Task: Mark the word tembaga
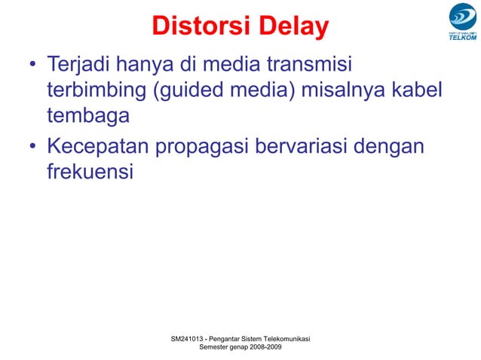(88, 117)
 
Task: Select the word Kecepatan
(98, 145)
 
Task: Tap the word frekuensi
(90, 172)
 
